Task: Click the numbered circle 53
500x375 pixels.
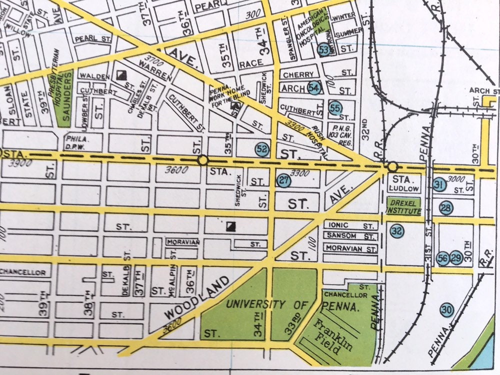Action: [x=324, y=49]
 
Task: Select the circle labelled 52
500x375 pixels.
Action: [x=262, y=148]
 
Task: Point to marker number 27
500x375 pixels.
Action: [x=283, y=181]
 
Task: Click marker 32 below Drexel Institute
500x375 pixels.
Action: [x=397, y=230]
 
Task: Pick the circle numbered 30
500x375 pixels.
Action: [x=446, y=310]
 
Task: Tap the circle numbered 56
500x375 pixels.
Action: [x=442, y=258]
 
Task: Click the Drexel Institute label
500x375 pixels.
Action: [x=403, y=205]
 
